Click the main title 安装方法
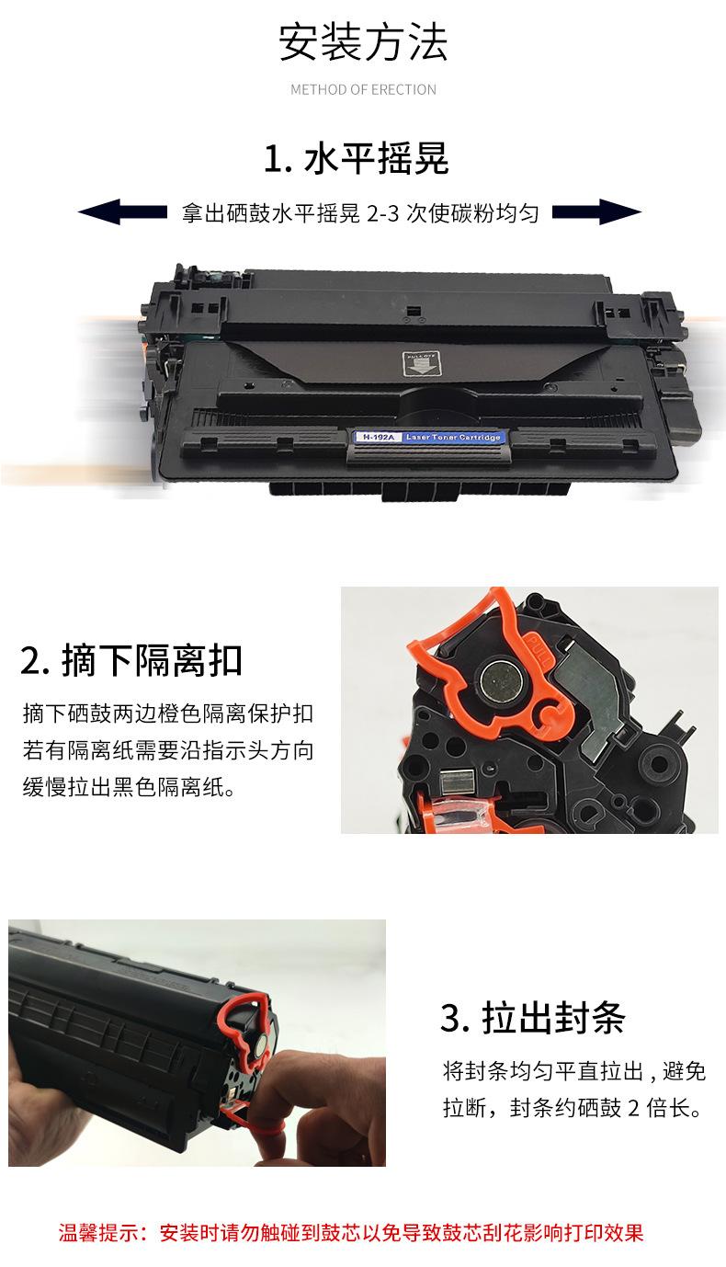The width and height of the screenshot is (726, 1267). click(363, 44)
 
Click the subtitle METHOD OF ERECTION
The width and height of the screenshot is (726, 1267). click(363, 90)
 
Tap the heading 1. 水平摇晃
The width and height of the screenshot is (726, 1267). click(356, 159)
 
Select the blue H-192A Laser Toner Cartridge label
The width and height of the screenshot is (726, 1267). click(428, 437)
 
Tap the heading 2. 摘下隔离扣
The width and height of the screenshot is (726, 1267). click(131, 661)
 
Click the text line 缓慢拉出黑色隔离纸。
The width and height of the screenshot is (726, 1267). click(129, 788)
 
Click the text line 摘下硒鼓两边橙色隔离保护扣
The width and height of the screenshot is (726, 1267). click(168, 714)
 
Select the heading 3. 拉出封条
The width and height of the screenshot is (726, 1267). click(532, 1019)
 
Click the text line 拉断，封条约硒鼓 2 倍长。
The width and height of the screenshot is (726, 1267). click(572, 1110)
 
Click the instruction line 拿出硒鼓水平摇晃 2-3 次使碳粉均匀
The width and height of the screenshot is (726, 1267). click(359, 213)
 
